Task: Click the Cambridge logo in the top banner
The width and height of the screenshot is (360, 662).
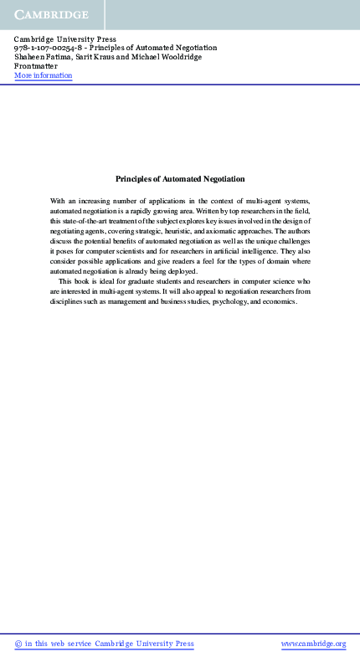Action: tap(51, 15)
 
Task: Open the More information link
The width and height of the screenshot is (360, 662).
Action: tap(44, 76)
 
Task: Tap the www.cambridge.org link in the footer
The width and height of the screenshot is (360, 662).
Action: tap(313, 644)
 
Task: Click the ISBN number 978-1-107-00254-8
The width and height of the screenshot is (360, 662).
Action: tap(49, 49)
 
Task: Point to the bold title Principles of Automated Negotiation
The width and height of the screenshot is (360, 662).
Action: tap(180, 178)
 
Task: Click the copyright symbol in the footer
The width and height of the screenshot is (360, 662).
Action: tap(18, 644)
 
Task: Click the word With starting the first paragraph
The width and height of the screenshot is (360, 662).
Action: tap(58, 202)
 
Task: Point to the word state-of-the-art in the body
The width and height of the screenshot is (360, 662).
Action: tap(90, 220)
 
